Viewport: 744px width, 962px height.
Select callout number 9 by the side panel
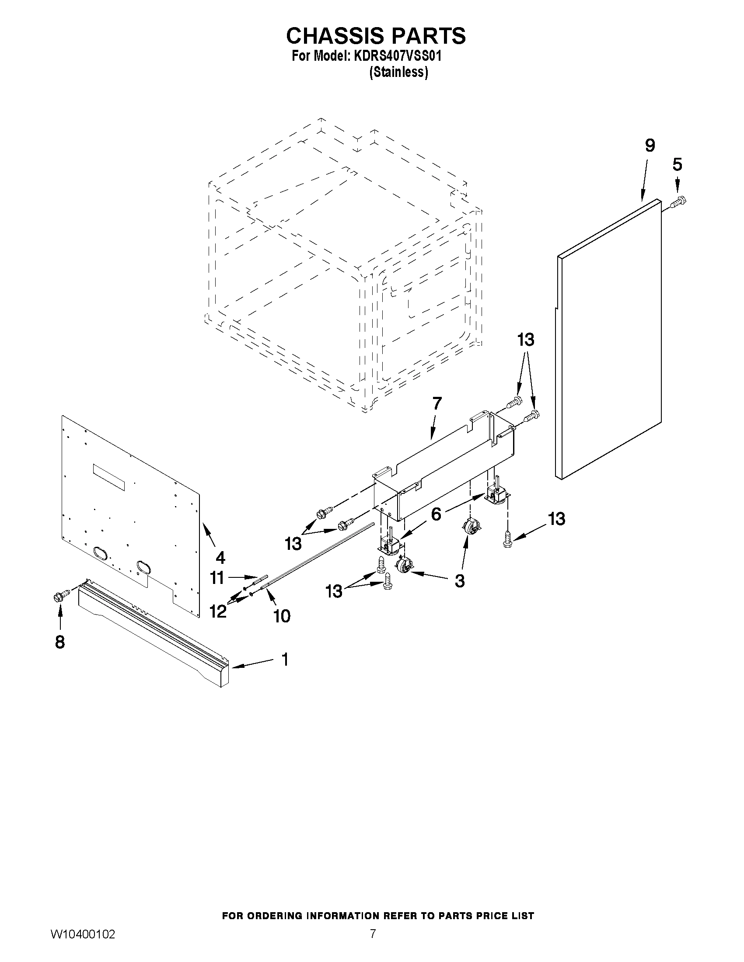point(650,146)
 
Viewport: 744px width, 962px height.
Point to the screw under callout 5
point(679,202)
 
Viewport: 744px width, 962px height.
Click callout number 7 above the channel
point(437,403)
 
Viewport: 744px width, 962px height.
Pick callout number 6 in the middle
point(436,514)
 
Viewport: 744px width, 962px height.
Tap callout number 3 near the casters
point(459,580)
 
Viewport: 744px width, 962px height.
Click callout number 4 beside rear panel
point(220,558)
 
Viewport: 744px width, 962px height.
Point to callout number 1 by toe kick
point(285,660)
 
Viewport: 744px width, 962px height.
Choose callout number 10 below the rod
point(282,616)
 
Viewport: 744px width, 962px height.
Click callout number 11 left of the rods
point(217,577)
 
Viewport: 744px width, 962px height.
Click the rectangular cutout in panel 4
point(108,477)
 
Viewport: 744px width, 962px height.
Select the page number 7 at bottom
point(373,933)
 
